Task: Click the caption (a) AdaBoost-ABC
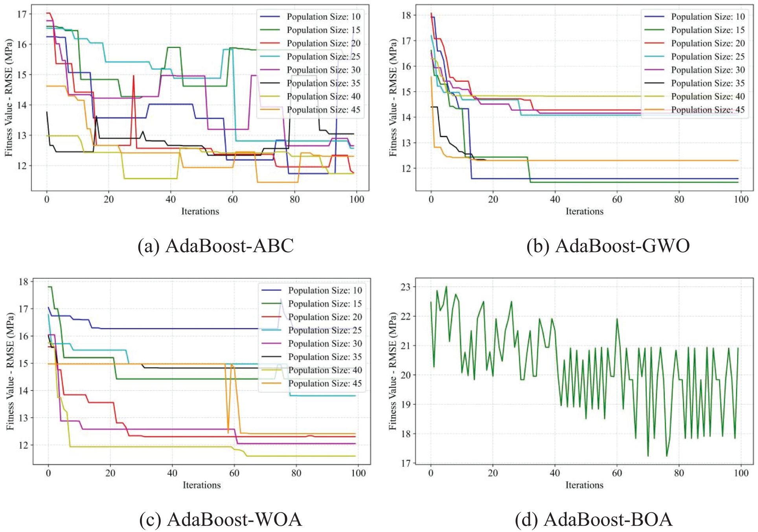pos(215,246)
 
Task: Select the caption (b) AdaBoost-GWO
pos(608,246)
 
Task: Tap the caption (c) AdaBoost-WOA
pos(221,519)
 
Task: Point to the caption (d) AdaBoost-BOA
pos(593,519)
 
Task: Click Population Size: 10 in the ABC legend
pos(323,17)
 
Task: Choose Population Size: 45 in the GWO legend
pos(708,110)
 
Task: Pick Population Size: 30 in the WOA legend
pos(325,344)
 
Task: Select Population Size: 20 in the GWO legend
pos(708,43)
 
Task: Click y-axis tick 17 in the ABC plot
pos(22,15)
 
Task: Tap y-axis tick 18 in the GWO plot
pos(406,15)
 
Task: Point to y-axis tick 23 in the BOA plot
pos(405,287)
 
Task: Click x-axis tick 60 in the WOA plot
pos(234,473)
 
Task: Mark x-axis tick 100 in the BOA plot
pos(741,473)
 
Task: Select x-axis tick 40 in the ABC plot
pos(171,200)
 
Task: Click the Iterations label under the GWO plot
pos(584,211)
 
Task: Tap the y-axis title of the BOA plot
pos(392,371)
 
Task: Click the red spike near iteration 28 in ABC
pos(134,76)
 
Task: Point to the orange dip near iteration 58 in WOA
pos(228,432)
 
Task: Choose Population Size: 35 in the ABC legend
pos(323,83)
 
